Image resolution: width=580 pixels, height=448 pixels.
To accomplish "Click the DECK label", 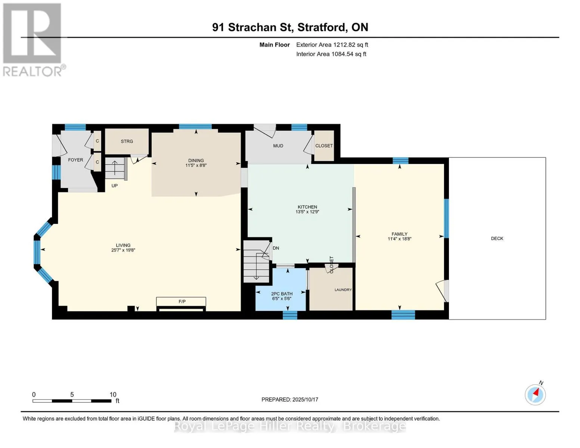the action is coord(497,239).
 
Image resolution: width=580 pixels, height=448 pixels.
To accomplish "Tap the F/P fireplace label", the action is coord(182,302).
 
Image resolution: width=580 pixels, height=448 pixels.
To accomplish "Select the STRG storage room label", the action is coord(127,141).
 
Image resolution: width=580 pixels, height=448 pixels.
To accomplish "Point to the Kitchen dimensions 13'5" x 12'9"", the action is coord(307,212).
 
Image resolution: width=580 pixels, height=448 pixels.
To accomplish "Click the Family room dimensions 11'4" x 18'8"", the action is coord(400,239).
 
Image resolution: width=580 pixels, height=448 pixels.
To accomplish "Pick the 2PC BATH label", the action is coord(282,294).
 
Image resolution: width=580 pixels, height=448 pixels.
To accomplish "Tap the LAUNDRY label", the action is coord(343,290).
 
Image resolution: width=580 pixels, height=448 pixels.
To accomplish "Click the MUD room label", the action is coord(278,146).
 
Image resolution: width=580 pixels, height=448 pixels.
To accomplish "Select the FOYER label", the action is coord(75,160).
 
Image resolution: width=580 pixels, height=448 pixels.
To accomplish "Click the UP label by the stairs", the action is coord(115,186).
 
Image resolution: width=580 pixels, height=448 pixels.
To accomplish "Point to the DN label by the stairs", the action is coord(276,248).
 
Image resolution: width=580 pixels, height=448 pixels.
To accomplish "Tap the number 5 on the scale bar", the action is coord(72,394).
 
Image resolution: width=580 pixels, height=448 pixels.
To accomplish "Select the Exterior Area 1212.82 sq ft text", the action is coord(332,45).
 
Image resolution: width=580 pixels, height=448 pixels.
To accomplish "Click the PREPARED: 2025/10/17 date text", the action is coord(290,399).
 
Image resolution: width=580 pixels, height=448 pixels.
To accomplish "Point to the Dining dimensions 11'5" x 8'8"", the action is coord(196,165).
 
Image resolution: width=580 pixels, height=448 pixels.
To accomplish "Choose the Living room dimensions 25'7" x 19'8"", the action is coord(123,250).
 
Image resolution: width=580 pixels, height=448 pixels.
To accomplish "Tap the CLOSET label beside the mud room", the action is coord(324,146).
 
